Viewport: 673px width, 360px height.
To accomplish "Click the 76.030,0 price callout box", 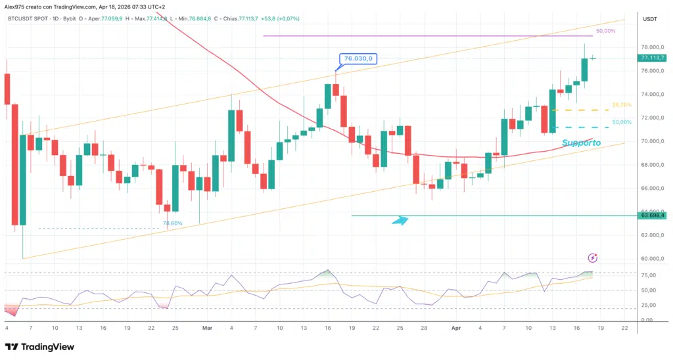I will coord(358,58).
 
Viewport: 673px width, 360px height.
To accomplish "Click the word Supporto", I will coord(578,143).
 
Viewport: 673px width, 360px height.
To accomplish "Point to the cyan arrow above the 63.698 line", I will coord(400,221).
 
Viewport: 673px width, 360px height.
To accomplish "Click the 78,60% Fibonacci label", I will coord(172,224).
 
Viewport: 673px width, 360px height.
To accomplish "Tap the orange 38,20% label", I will coord(622,105).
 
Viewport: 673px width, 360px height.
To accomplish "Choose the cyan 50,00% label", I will coord(622,122).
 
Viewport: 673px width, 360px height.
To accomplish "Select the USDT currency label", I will coord(649,20).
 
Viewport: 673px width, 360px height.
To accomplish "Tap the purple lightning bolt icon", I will coord(593,258).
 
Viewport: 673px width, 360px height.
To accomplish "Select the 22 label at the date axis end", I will coord(624,327).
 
